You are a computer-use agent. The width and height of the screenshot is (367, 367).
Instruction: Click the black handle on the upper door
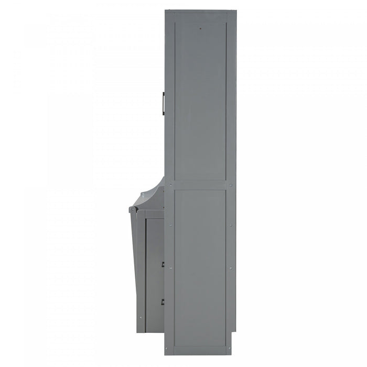[164, 103]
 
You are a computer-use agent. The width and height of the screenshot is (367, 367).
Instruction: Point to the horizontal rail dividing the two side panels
[200, 185]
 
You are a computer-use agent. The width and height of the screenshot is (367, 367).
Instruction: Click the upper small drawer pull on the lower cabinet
[163, 263]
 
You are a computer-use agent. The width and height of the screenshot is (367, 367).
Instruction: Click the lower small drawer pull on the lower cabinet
[163, 301]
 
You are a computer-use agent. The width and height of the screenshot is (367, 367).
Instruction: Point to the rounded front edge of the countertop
[132, 210]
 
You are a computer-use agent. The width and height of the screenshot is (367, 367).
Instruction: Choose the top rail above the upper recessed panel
[200, 16]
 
